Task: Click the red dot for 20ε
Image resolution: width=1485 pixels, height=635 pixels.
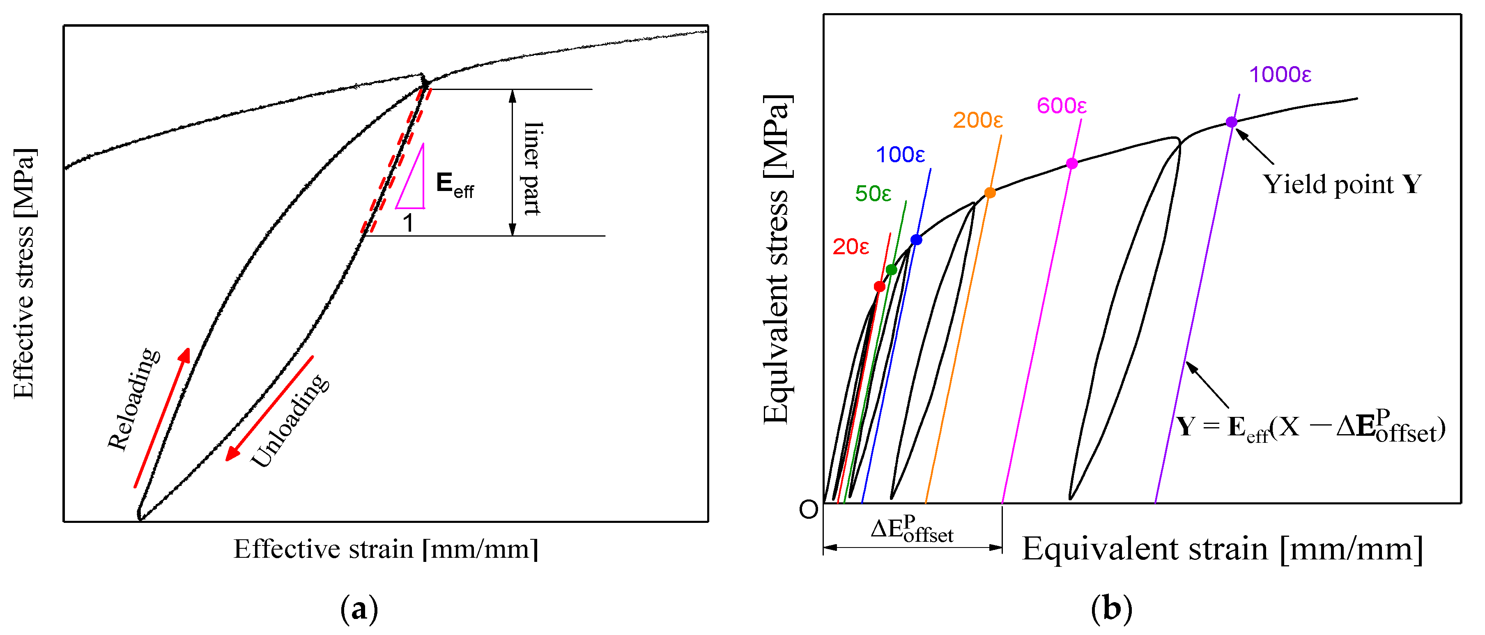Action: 879,287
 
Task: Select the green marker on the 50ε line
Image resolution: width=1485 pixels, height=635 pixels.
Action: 891,269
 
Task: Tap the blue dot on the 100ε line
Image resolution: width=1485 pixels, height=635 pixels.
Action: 916,240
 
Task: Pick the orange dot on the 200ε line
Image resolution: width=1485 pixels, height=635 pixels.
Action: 990,193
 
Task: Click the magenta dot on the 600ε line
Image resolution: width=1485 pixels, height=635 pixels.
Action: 1072,163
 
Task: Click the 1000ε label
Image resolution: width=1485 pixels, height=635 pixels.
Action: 1280,75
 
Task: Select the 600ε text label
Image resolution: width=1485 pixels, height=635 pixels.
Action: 1061,106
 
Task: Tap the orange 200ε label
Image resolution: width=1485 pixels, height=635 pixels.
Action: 978,120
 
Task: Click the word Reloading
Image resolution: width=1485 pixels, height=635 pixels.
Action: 134,399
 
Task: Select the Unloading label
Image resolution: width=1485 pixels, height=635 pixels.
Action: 290,421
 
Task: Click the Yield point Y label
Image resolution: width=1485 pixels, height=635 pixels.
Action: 1342,184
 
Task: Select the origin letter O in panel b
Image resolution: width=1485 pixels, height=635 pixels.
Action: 808,509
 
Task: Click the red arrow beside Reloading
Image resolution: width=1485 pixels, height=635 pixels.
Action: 162,418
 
